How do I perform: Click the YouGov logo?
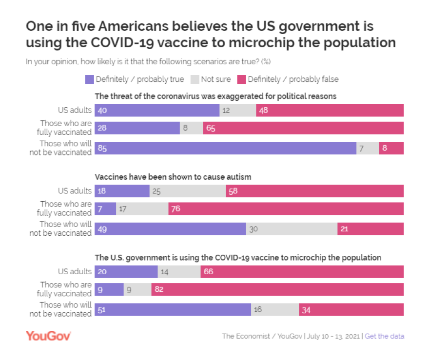48,336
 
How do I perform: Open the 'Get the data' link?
384,336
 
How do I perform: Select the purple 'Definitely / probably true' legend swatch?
89,79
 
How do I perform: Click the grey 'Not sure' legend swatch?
194,79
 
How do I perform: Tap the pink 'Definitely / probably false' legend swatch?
241,79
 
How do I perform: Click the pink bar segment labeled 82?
277,289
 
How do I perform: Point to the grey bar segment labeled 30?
291,229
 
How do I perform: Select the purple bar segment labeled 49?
170,229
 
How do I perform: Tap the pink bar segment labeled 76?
286,208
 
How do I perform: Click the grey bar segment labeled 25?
187,191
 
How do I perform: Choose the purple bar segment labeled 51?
173,309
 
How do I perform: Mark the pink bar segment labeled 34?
351,309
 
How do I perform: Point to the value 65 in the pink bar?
211,128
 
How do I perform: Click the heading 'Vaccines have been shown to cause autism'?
173,177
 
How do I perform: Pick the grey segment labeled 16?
274,309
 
